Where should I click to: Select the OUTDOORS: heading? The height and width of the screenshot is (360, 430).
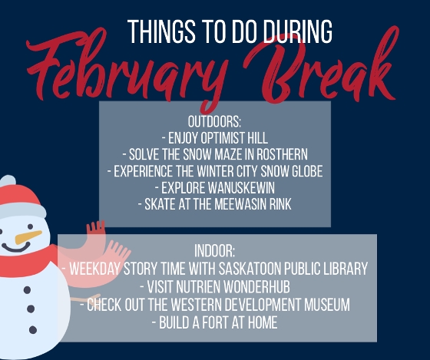click(x=215, y=123)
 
